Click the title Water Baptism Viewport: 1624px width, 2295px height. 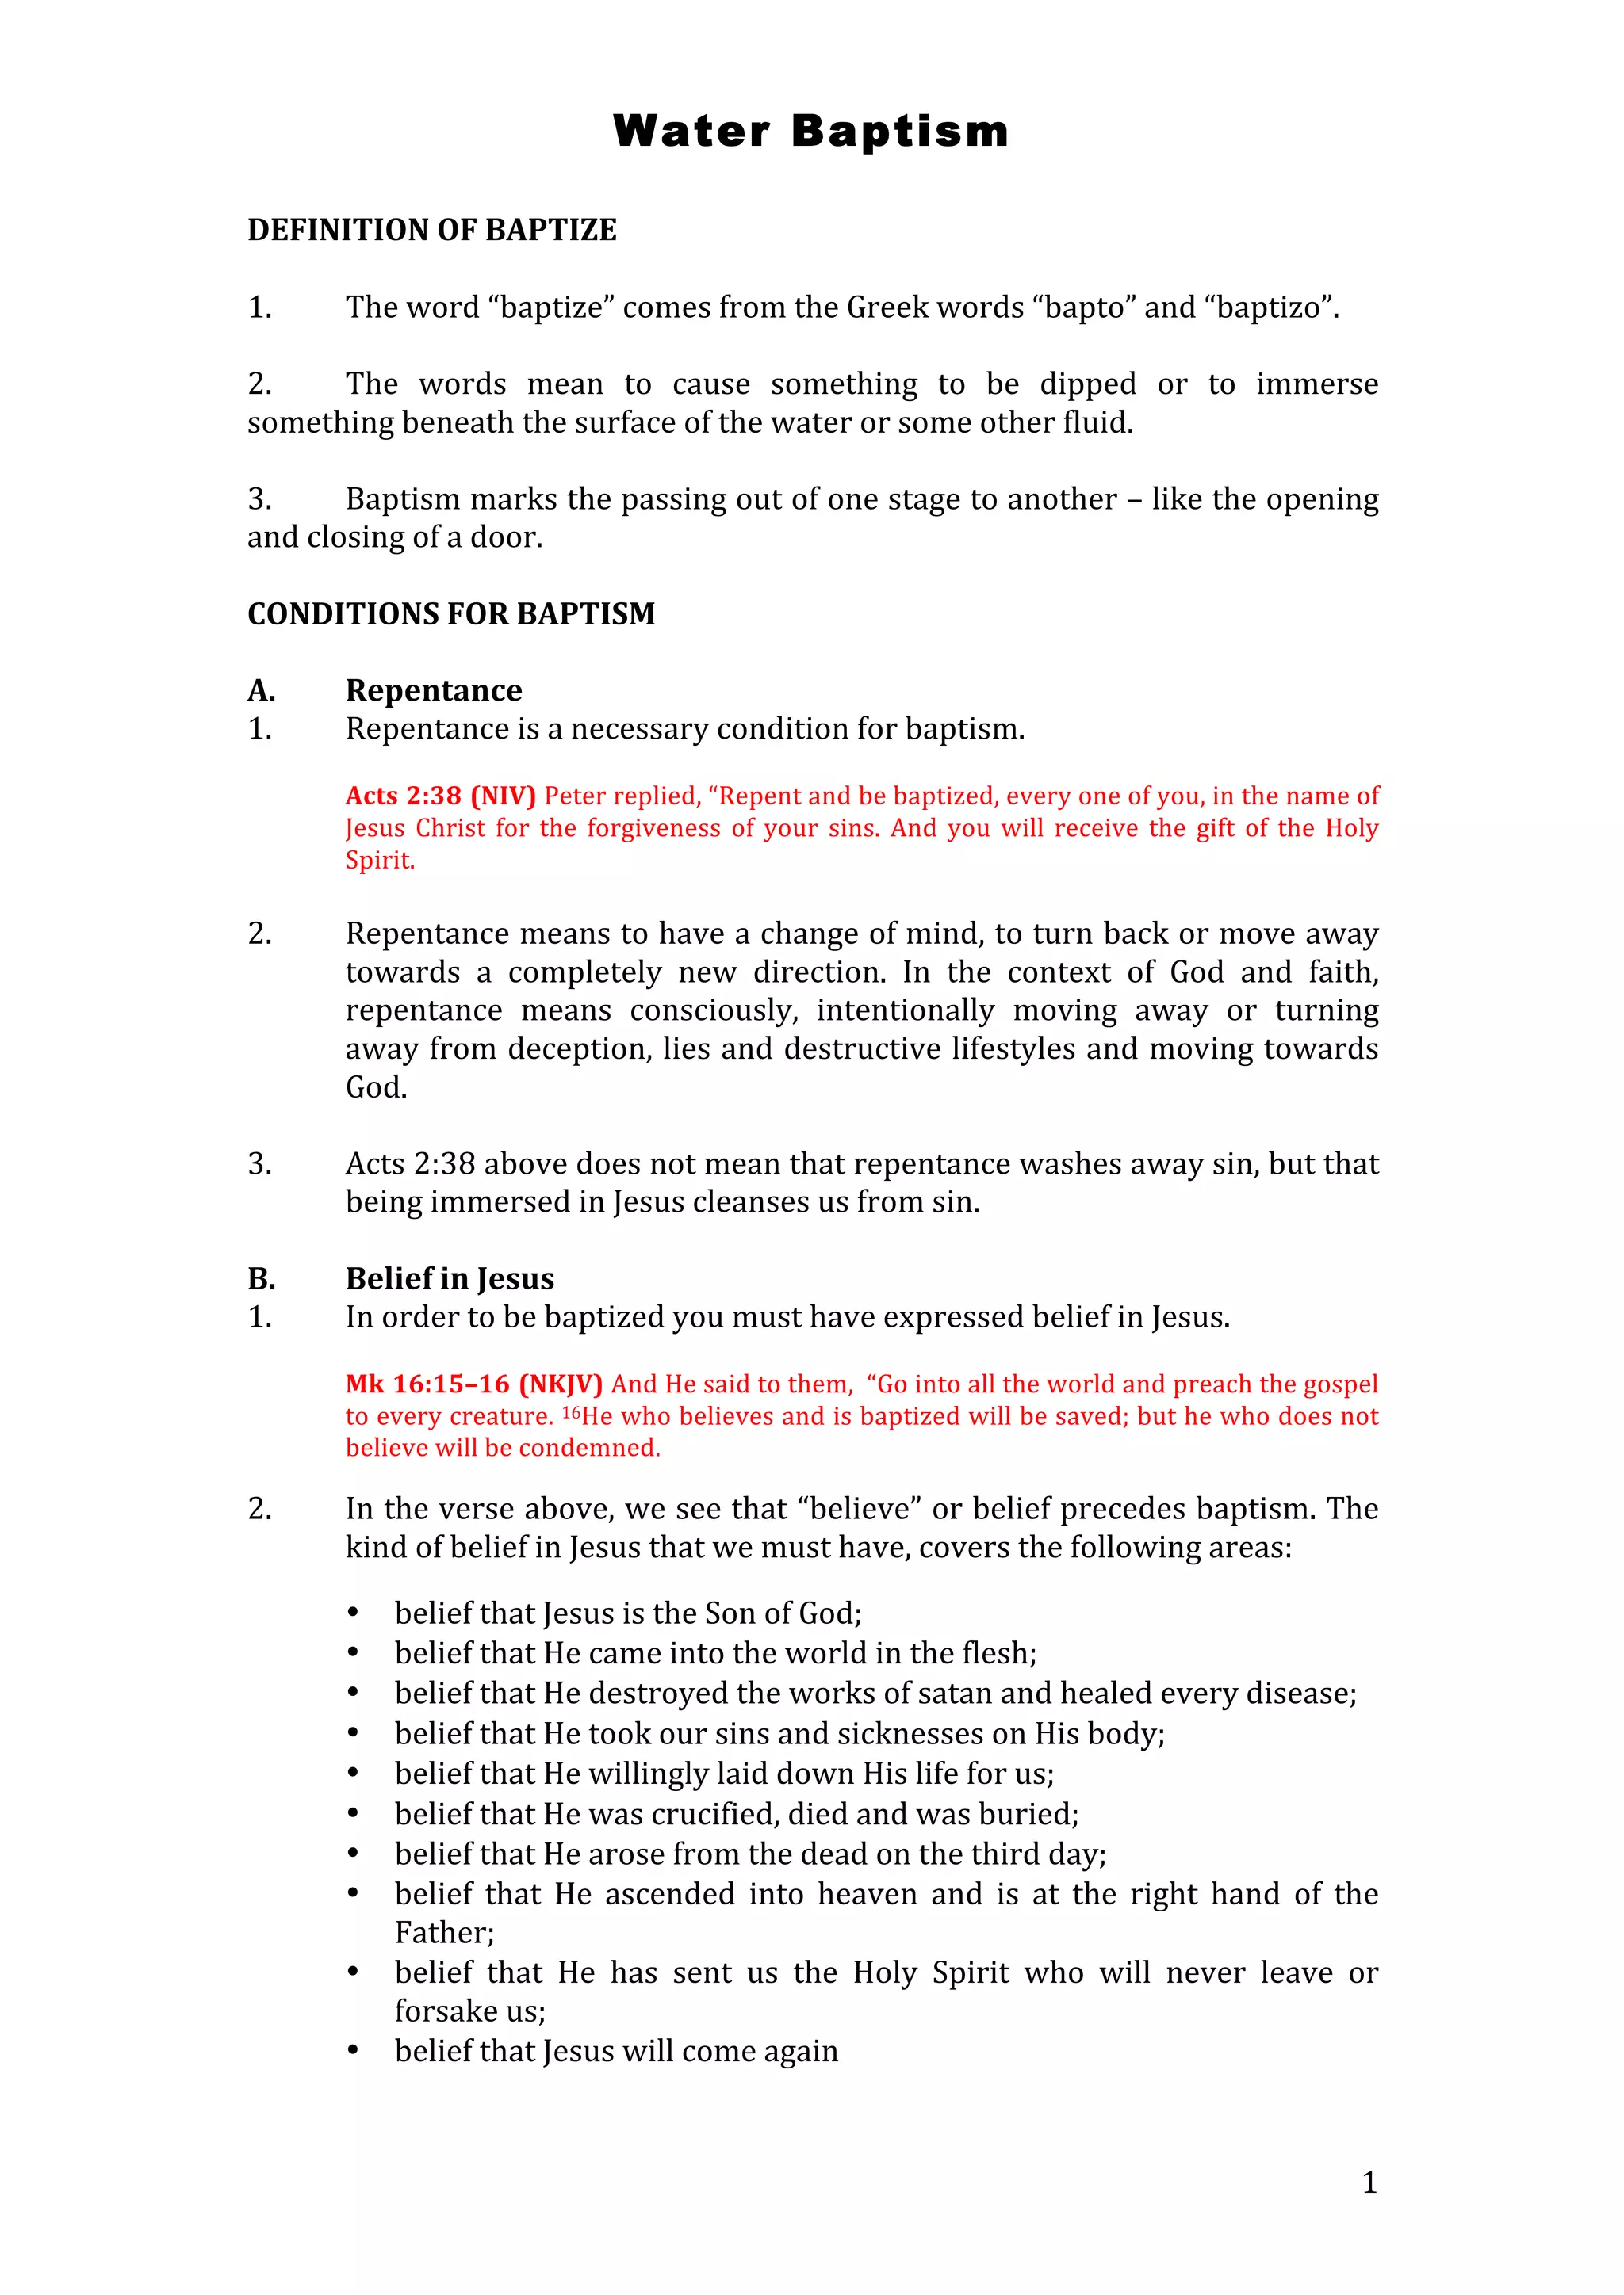pyautogui.click(x=811, y=131)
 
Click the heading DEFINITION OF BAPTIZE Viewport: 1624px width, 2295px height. pyautogui.click(x=432, y=230)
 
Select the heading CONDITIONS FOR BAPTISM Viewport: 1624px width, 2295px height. pyautogui.click(x=451, y=613)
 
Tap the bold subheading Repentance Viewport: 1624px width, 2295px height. pyautogui.click(x=433, y=691)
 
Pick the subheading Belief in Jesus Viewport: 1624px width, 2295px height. pyautogui.click(x=449, y=1278)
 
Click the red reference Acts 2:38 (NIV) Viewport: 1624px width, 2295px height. pyautogui.click(x=440, y=796)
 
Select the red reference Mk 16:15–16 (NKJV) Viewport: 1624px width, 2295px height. pyautogui.click(x=473, y=1384)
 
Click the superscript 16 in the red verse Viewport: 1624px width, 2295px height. pyautogui.click(x=571, y=1411)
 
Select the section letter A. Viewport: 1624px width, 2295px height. pyautogui.click(x=261, y=691)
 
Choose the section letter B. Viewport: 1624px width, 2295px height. pyautogui.click(x=261, y=1278)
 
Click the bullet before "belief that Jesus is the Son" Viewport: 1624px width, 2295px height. pyautogui.click(x=353, y=1613)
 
